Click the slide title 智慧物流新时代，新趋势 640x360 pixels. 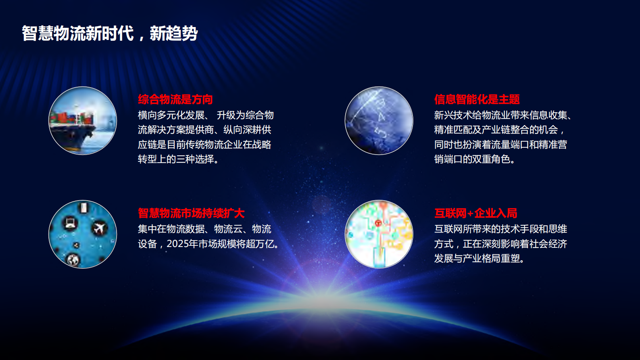tap(110, 33)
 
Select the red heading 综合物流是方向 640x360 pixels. tap(175, 99)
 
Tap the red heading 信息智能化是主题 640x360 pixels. tap(477, 99)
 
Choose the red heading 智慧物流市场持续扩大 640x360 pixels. tap(191, 213)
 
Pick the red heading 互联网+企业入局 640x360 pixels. tap(475, 213)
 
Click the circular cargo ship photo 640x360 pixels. tap(83, 121)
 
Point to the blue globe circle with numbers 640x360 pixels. tap(379, 121)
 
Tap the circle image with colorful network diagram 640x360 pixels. tap(379, 234)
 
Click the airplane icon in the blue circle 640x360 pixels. tap(99, 228)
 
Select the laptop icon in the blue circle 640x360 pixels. tap(71, 222)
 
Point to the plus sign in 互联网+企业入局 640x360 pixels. tap(470, 213)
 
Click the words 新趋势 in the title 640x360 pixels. tap(174, 33)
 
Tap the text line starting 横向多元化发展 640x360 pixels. tap(206, 115)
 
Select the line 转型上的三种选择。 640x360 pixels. tap(179, 159)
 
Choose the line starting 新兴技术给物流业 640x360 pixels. tap(503, 115)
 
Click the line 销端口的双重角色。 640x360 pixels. tap(475, 159)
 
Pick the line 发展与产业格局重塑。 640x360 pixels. tap(479, 258)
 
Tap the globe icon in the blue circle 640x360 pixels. tap(73, 260)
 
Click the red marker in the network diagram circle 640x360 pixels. tap(378, 223)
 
